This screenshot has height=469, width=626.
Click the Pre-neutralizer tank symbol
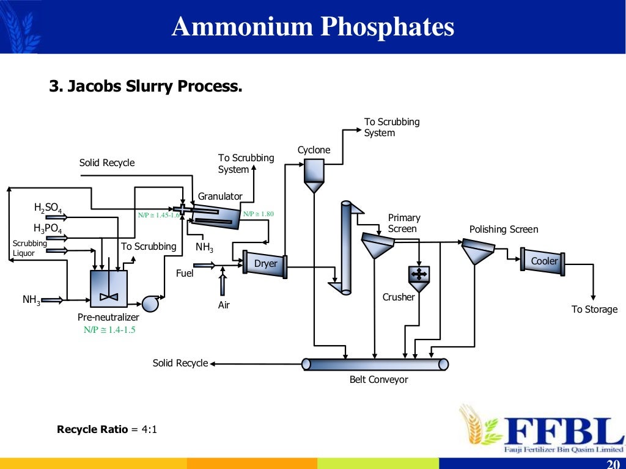(109, 288)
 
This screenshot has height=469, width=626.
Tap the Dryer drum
(265, 264)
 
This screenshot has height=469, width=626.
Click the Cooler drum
(543, 261)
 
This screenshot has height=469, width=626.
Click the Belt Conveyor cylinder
(375, 364)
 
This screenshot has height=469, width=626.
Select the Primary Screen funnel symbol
(377, 245)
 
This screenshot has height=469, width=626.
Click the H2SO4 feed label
(48, 209)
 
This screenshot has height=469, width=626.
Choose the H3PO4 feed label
(48, 229)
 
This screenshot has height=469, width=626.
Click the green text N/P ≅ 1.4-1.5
(109, 330)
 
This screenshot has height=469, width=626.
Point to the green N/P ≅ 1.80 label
(259, 214)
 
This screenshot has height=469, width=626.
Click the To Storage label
(594, 309)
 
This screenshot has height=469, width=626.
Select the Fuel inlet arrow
(204, 265)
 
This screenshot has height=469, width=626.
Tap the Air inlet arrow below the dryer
(223, 285)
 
